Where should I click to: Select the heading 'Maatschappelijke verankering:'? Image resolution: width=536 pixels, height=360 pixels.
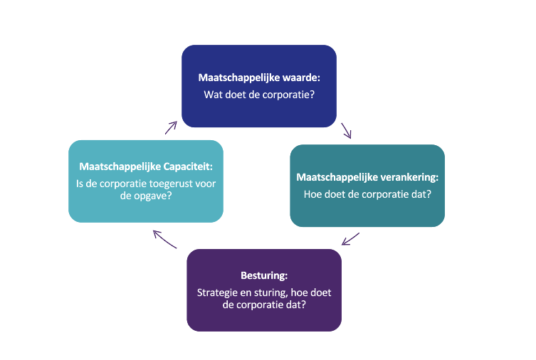[x=367, y=176]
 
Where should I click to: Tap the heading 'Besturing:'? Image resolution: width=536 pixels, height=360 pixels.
[x=264, y=275]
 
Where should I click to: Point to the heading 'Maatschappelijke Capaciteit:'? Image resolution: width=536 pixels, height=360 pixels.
[x=146, y=168]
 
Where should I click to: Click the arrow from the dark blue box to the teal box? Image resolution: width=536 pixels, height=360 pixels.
[x=347, y=131]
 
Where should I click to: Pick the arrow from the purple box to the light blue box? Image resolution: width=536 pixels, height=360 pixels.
[x=164, y=239]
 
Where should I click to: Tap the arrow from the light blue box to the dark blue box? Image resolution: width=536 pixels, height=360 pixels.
[x=171, y=127]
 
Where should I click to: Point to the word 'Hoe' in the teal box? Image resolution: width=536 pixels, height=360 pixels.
[x=313, y=193]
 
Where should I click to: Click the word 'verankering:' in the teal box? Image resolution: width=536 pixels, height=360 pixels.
[x=405, y=176]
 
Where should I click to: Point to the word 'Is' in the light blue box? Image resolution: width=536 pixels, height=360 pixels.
[x=80, y=184]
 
